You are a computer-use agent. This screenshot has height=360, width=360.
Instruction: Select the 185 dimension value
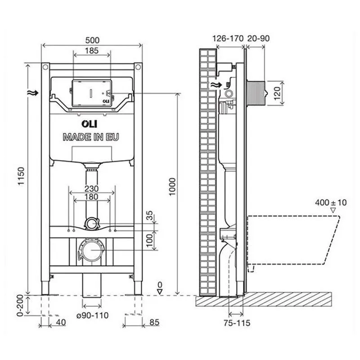[91, 51]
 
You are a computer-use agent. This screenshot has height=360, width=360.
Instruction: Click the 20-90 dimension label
[258, 38]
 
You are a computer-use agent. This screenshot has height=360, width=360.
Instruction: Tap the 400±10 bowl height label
[330, 203]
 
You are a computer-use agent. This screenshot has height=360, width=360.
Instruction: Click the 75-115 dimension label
[236, 323]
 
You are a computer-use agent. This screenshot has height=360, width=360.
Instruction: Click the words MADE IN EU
[91, 137]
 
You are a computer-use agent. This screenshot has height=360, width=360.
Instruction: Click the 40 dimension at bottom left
[62, 322]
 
